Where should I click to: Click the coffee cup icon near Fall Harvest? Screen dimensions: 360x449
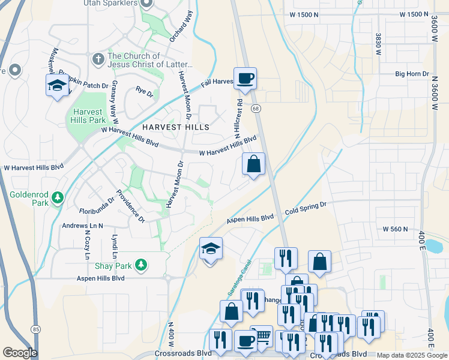tap(245, 79)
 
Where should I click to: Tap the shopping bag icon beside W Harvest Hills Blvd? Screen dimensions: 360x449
tap(254, 163)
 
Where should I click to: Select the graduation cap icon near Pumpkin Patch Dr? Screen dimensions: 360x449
tap(57, 85)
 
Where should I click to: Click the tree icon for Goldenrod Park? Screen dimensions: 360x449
tap(58, 197)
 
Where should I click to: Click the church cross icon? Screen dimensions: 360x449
tap(98, 59)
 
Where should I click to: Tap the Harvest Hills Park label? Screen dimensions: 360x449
tap(88, 116)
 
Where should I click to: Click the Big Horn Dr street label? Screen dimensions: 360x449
tap(412, 74)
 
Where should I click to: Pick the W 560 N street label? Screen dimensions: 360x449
tap(395, 229)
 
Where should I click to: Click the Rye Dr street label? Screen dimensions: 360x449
tap(144, 92)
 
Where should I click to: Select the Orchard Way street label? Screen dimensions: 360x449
tap(181, 26)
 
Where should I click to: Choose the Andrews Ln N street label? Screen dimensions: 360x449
tap(83, 226)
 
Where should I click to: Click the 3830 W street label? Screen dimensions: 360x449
tap(379, 44)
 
